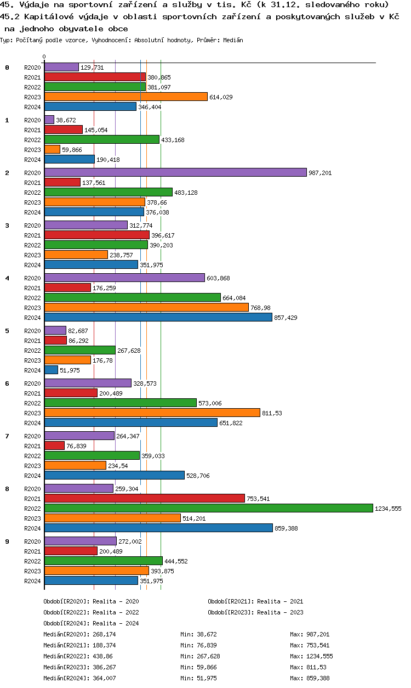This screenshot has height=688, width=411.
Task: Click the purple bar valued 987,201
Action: (175, 172)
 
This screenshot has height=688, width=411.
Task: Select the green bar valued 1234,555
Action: (208, 508)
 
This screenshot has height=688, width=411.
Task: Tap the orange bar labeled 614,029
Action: (125, 97)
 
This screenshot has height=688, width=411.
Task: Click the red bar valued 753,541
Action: (144, 498)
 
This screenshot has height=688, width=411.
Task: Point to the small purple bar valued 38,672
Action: (49, 120)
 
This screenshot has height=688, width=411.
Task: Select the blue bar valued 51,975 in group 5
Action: (51, 370)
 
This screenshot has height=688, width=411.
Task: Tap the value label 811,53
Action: (272, 413)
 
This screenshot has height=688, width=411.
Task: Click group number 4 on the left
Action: (7, 278)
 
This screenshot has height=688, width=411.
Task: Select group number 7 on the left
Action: (7, 436)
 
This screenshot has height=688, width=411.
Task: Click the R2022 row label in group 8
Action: (32, 509)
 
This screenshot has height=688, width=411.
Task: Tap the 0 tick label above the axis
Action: (44, 57)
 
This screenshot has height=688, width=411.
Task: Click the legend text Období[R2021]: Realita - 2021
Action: (255, 601)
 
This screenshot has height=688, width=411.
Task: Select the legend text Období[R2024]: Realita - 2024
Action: (91, 623)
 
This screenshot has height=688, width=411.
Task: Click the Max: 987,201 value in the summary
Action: (310, 634)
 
